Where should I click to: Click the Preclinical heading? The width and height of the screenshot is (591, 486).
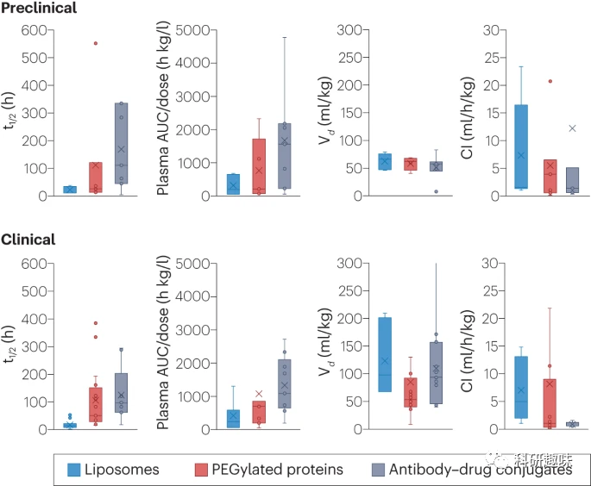point(40,8)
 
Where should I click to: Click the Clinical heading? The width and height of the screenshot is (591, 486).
point(28,240)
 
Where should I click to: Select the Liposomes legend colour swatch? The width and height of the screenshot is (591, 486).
point(82,469)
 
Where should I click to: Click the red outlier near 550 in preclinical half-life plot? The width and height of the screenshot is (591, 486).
point(95,43)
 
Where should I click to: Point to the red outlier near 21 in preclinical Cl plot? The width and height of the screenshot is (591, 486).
point(549,81)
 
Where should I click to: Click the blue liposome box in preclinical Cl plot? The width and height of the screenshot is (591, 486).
point(521,146)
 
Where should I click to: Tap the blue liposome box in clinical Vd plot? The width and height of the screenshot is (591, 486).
point(385,354)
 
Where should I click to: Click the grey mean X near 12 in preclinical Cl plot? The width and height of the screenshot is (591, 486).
point(571,128)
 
